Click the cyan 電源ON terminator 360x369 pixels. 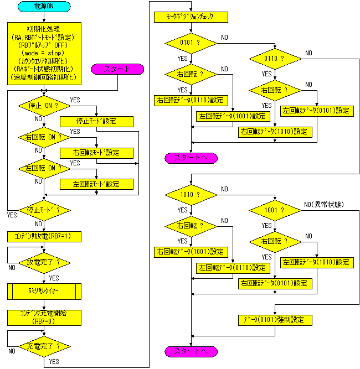(44, 6)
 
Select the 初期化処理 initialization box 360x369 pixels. (44, 54)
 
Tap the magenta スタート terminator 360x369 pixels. (117, 69)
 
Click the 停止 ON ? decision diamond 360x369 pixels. (44, 106)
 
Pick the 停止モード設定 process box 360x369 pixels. (96, 122)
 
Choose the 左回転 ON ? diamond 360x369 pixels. (44, 169)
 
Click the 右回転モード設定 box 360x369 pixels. (96, 153)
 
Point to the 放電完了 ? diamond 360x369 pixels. (44, 263)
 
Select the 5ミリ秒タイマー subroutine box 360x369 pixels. (44, 292)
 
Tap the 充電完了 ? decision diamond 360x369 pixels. (44, 346)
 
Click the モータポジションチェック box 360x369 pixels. (191, 17)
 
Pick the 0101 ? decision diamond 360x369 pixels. (191, 43)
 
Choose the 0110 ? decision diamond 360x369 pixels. (275, 59)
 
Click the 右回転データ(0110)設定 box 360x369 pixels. (191, 101)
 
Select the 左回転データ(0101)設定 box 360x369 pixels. (317, 111)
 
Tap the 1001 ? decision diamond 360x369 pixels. (275, 210)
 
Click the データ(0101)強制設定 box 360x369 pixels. (275, 320)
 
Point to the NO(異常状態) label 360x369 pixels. (323, 205)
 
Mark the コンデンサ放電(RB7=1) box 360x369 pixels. (44, 237)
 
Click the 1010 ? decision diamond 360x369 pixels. (191, 195)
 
